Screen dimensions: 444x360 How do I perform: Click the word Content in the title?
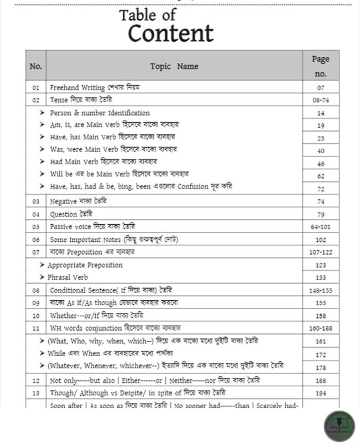tap(170, 33)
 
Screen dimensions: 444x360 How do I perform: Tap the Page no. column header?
tap(321, 66)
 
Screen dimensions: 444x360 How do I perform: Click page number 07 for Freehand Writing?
tap(321, 88)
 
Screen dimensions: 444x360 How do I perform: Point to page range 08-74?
tap(321, 100)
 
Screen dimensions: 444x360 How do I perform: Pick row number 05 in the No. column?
tap(36, 226)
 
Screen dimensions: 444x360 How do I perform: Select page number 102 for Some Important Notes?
tap(321, 239)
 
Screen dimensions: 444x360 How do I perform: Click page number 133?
tap(321, 277)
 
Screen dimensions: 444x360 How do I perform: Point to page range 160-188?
tap(321, 328)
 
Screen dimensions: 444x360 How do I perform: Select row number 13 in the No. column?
tap(36, 393)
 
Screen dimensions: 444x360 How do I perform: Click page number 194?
tap(321, 393)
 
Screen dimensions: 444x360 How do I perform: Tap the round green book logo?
tap(339, 426)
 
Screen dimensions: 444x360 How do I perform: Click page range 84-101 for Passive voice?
tap(321, 227)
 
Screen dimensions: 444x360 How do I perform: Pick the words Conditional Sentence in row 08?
tap(83, 290)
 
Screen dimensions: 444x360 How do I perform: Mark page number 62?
tap(321, 176)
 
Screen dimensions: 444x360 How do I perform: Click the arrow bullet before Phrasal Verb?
tap(42, 277)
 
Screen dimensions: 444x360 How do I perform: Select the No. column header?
tap(36, 67)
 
